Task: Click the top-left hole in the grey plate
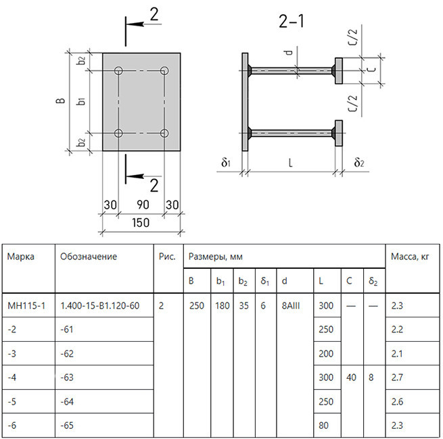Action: [118, 70]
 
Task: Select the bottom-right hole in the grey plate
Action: [164, 133]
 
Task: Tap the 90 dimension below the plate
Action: [143, 205]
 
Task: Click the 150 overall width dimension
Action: [141, 223]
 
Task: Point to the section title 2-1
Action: [292, 21]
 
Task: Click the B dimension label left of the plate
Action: [61, 101]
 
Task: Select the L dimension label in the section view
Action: [290, 163]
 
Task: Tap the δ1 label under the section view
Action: [226, 162]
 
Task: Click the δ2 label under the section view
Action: [359, 162]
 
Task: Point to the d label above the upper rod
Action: [289, 52]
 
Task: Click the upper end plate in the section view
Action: [339, 71]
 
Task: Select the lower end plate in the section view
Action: [339, 133]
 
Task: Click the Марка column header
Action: [20, 257]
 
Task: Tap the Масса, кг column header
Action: [410, 257]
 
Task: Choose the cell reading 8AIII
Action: [291, 305]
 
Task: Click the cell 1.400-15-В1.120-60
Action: [100, 305]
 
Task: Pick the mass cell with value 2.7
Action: [397, 378]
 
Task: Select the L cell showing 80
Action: [323, 425]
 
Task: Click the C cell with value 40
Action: [351, 378]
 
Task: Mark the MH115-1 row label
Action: [26, 305]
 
